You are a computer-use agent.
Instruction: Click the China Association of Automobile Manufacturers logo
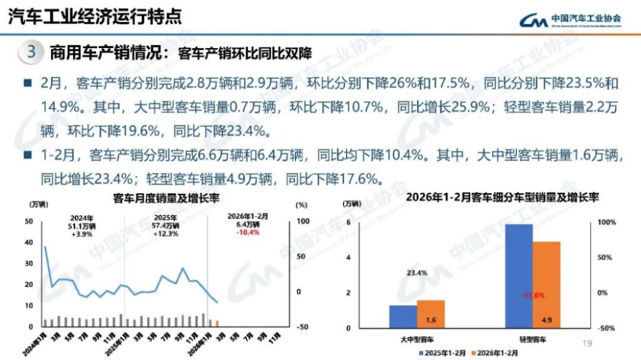pyautogui.click(x=570, y=20)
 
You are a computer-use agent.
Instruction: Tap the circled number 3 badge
pyautogui.click(x=31, y=52)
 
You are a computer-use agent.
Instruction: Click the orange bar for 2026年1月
pyautogui.click(x=217, y=323)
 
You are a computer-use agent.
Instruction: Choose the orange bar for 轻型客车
pyautogui.click(x=546, y=284)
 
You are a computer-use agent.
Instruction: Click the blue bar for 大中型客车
pyautogui.click(x=403, y=316)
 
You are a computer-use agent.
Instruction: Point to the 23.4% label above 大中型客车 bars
pyautogui.click(x=417, y=273)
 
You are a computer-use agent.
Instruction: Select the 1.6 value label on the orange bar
pyautogui.click(x=431, y=320)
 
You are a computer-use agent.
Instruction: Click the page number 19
pyautogui.click(x=588, y=343)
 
